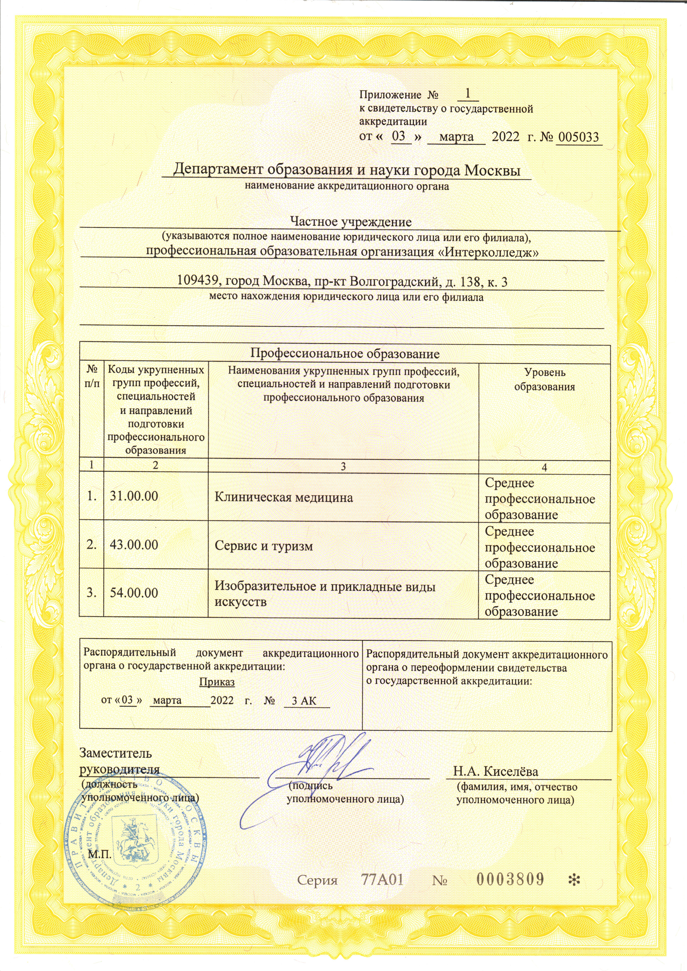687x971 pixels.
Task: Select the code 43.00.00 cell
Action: pyautogui.click(x=134, y=545)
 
